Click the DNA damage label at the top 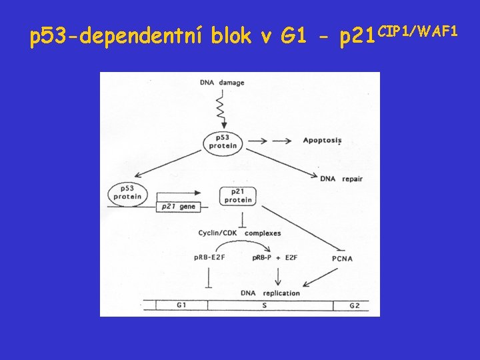(221, 83)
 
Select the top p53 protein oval (223, 141)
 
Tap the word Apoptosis (322, 140)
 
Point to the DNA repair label (341, 179)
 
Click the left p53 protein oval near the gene (127, 192)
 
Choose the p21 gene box (178, 207)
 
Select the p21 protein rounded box (238, 195)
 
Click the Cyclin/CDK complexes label (239, 233)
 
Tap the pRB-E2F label (209, 258)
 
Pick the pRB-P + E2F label (275, 258)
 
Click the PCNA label (342, 259)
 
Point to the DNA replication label (270, 293)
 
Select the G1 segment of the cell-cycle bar (181, 305)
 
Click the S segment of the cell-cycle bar (270, 305)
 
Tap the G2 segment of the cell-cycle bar (355, 305)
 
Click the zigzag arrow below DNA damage (222, 107)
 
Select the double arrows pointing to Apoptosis (273, 141)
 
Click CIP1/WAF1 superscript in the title (417, 30)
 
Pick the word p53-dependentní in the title (117, 37)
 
